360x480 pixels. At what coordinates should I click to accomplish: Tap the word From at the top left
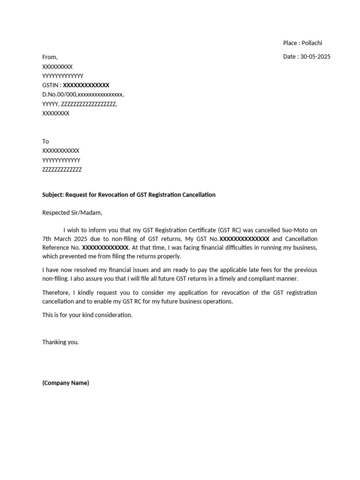tap(50, 57)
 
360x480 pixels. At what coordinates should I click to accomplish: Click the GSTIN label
tap(50, 85)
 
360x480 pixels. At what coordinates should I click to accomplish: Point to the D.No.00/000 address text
tap(60, 95)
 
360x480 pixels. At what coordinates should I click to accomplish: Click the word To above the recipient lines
tap(45, 142)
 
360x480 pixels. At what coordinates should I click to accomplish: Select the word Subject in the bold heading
tap(52, 195)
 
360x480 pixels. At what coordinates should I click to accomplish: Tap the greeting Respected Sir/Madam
tap(72, 213)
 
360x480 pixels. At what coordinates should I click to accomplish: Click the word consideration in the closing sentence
tap(112, 315)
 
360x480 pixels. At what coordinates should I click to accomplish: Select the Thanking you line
tap(60, 342)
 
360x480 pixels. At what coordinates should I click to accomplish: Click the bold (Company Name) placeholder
tap(66, 383)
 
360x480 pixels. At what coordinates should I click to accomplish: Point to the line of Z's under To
tap(62, 170)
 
